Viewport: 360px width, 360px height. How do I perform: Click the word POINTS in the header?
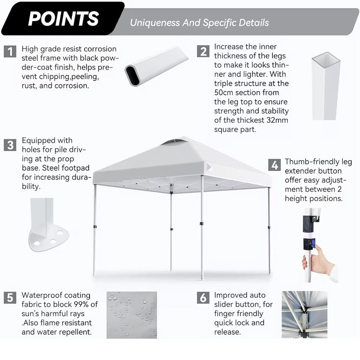click(x=63, y=18)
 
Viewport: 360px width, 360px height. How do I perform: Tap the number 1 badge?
click(x=10, y=51)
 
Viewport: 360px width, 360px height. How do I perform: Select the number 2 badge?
click(x=204, y=51)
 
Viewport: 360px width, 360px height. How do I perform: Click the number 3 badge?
click(x=10, y=145)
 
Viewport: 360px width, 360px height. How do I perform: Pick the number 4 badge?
click(x=274, y=165)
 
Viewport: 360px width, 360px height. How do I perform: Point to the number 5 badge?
click(x=10, y=298)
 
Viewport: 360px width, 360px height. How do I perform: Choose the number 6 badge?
click(x=203, y=298)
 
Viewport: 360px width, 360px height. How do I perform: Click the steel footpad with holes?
click(x=48, y=237)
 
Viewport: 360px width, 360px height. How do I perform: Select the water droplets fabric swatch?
click(x=131, y=315)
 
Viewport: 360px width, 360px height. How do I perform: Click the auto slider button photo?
click(x=304, y=315)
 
